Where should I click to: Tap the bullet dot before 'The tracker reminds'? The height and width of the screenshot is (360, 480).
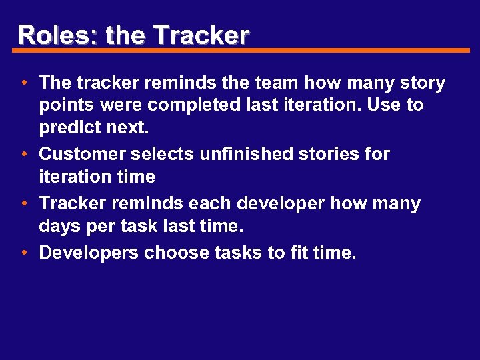[x=23, y=83]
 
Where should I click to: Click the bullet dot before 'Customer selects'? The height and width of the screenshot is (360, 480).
[x=23, y=154]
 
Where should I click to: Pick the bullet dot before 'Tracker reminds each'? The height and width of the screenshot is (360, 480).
[x=23, y=203]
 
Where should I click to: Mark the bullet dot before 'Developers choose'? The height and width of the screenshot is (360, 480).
[x=23, y=253]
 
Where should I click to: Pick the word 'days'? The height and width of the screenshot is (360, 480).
[x=59, y=226]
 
